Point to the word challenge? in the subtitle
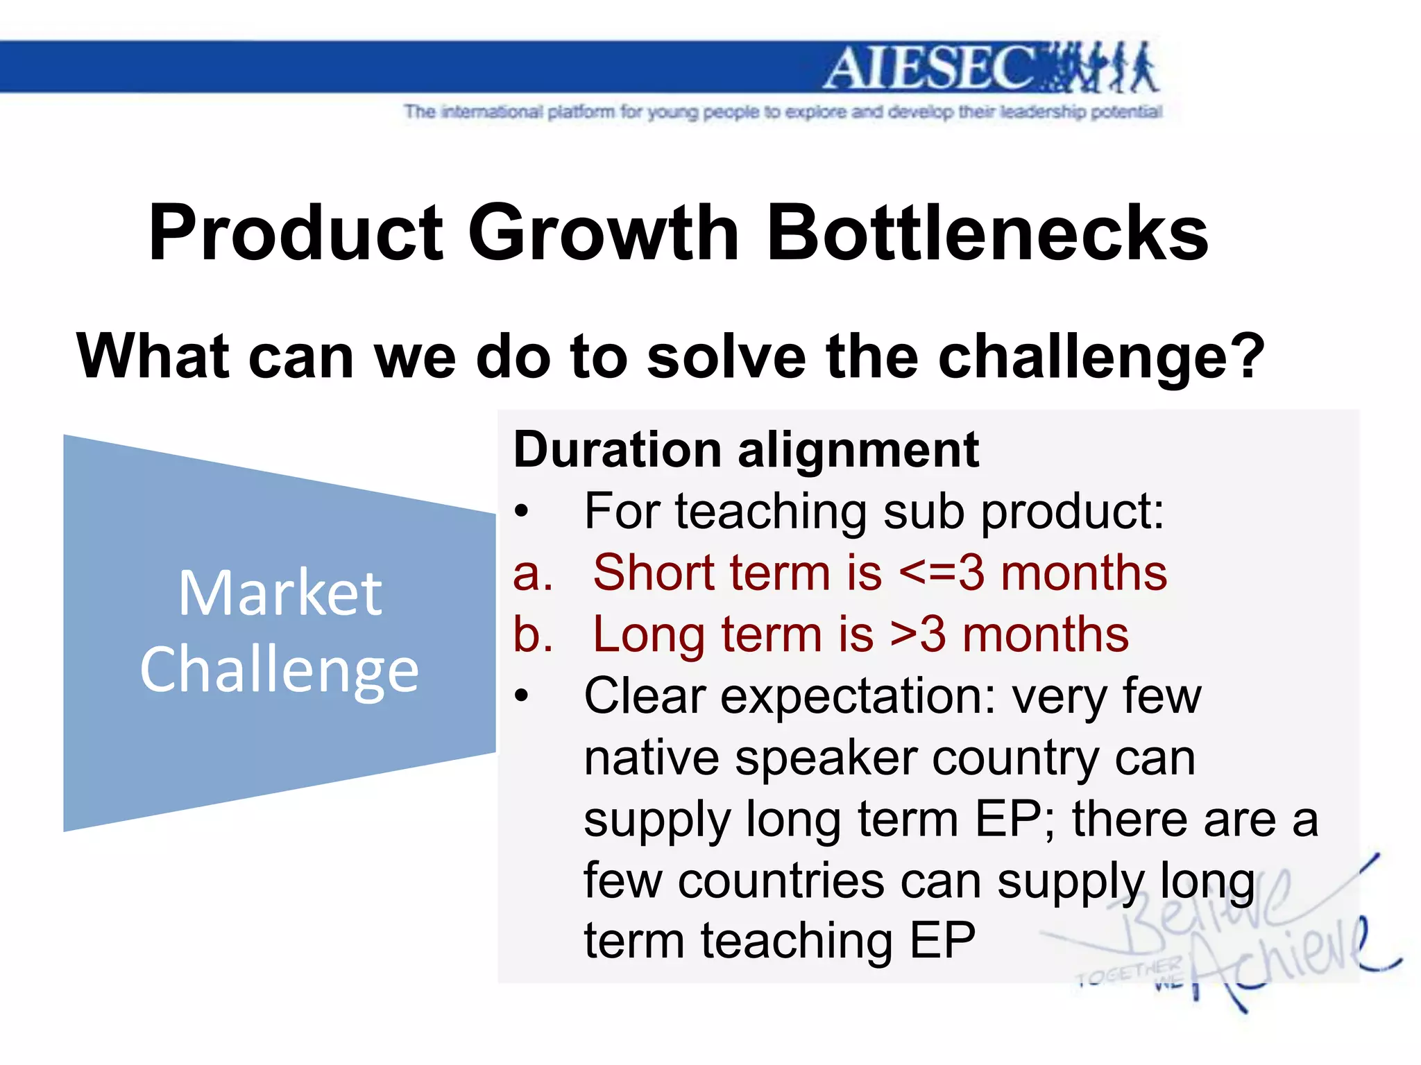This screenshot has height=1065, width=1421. (x=1102, y=357)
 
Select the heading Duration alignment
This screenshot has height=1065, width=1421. (x=746, y=450)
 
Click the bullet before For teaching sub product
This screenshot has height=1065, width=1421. (x=522, y=513)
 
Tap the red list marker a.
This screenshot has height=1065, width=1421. (x=533, y=574)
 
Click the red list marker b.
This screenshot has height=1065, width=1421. (x=533, y=635)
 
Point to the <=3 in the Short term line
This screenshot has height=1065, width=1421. (x=941, y=574)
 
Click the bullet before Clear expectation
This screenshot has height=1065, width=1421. (x=522, y=696)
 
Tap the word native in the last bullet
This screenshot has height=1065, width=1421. (x=651, y=758)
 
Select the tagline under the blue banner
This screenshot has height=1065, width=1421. (x=783, y=112)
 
